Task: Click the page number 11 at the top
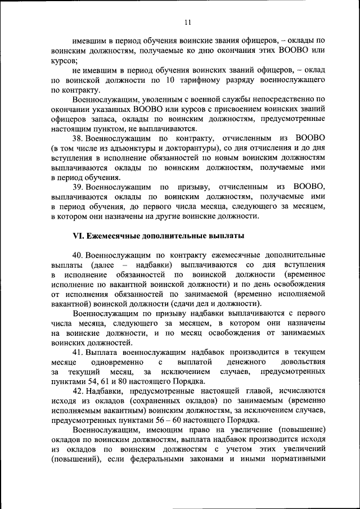coord(188,22)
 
